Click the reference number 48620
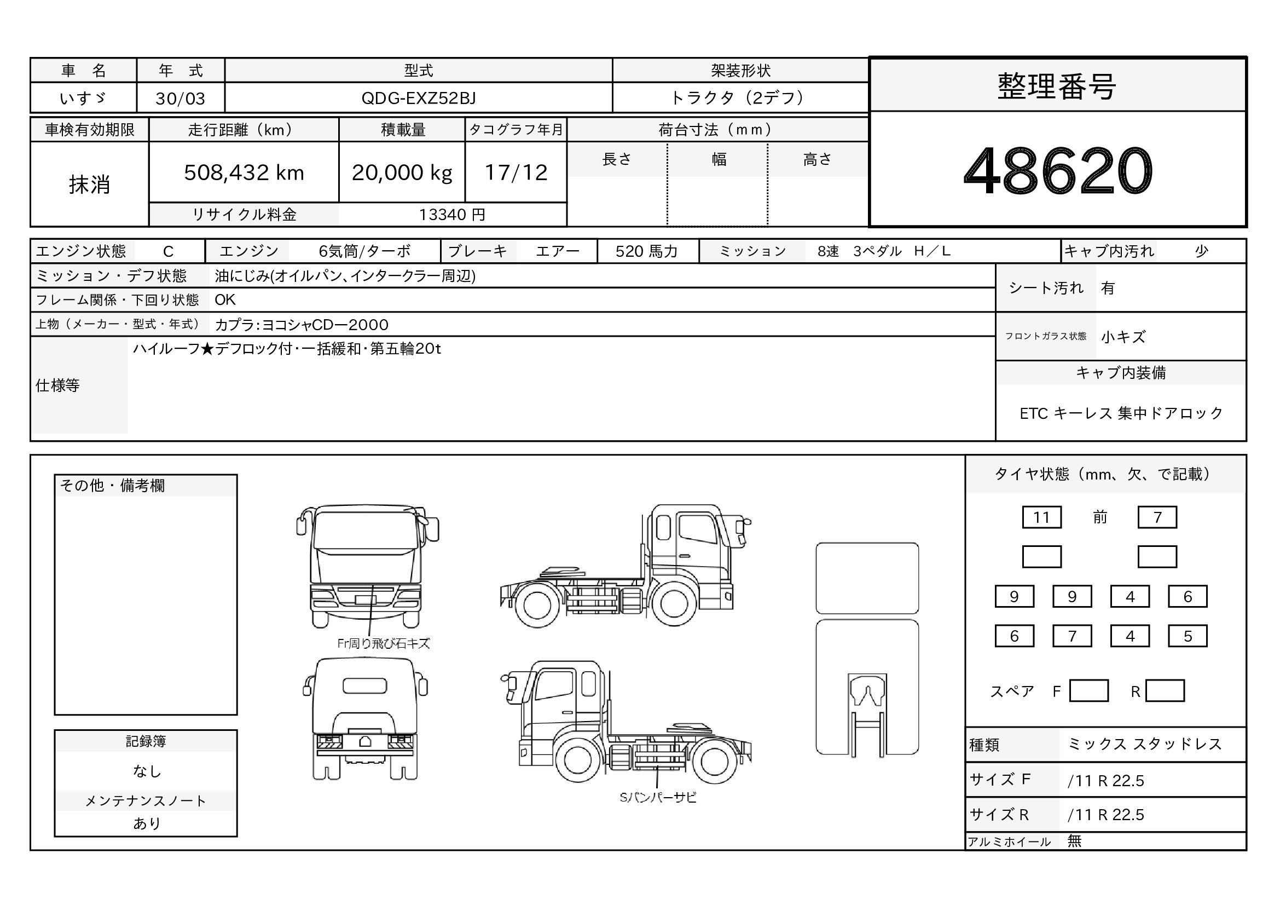[x=1058, y=171]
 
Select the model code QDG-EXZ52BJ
[x=418, y=98]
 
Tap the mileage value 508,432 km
[x=244, y=172]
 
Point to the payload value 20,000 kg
[x=402, y=173]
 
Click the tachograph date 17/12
[x=516, y=172]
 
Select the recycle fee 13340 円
[x=452, y=215]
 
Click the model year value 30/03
[x=180, y=99]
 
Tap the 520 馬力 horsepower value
[x=646, y=251]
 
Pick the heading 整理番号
[x=1056, y=87]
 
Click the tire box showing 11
[x=1041, y=517]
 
